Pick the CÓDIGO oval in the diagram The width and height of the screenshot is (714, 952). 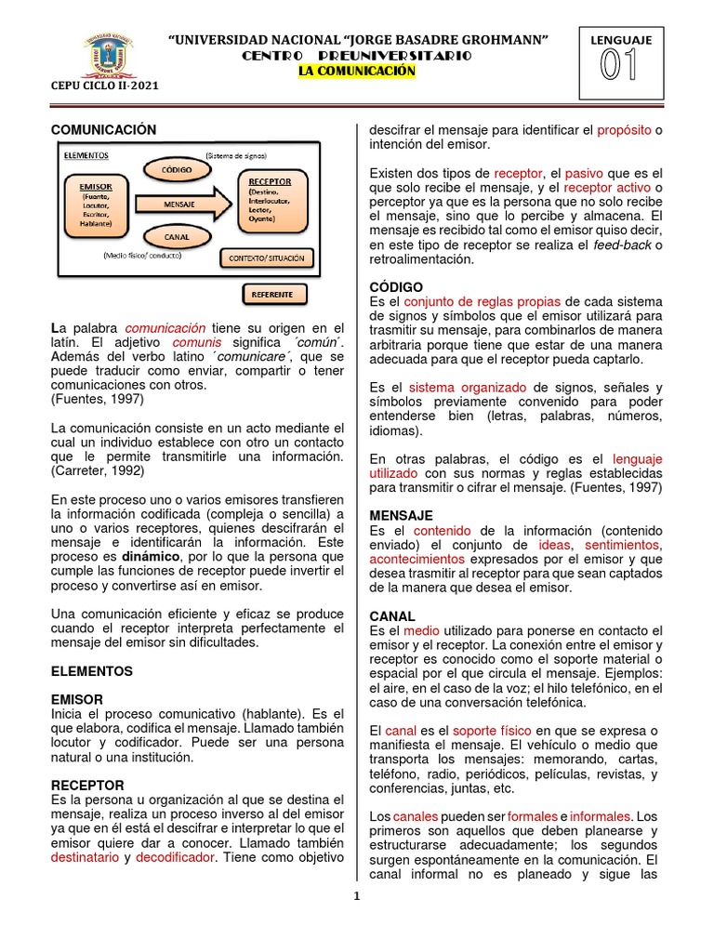[x=176, y=170]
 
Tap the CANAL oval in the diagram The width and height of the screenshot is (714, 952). [x=177, y=237]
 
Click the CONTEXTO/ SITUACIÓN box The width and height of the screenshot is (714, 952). [x=264, y=256]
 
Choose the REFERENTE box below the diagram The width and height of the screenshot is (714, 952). [x=271, y=295]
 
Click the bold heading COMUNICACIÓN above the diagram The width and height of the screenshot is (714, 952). [x=104, y=130]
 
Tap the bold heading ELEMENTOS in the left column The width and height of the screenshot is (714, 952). [x=92, y=670]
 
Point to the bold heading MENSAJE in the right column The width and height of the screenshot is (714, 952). [x=401, y=515]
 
